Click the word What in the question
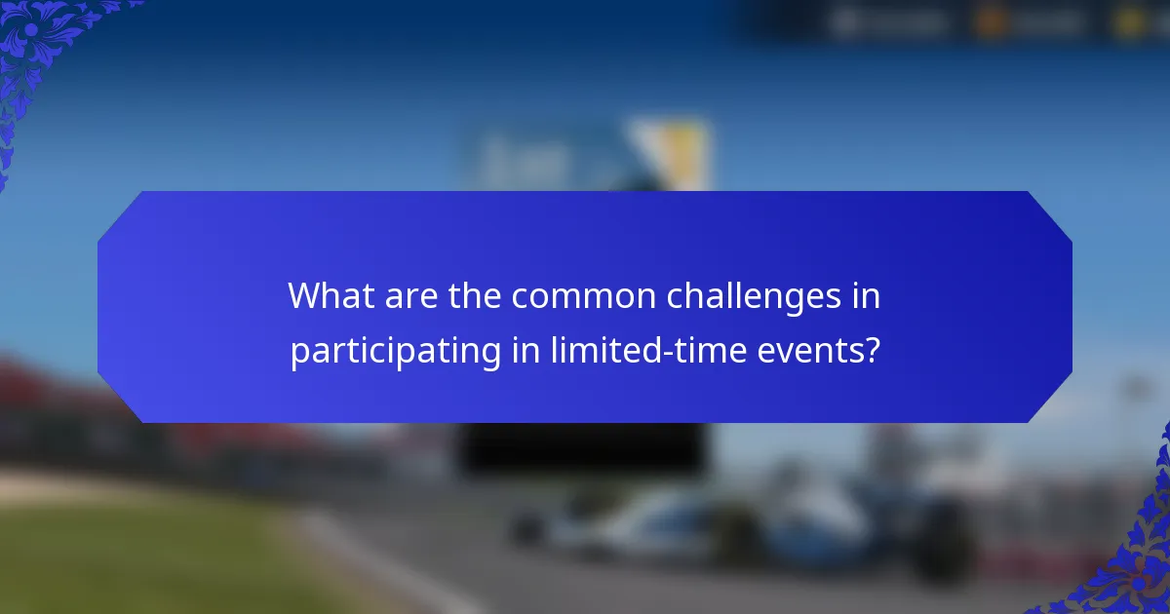pos(325,296)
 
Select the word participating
pos(396,351)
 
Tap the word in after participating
pos(525,351)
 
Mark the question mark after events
pos(872,351)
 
